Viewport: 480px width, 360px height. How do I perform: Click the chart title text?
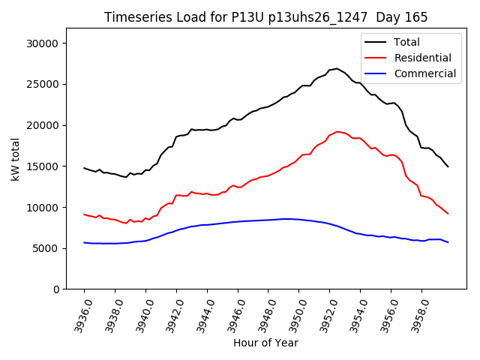point(265,17)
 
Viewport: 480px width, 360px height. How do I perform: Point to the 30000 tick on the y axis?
point(43,43)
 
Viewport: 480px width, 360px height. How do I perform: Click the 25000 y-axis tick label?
point(43,84)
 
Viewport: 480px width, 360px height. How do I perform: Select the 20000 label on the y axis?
point(43,125)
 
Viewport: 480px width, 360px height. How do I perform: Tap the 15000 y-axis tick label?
point(43,166)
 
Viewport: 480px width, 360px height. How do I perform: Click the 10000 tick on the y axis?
point(43,207)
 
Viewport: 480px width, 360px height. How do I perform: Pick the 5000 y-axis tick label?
point(46,248)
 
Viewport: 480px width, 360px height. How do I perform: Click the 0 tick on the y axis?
point(56,289)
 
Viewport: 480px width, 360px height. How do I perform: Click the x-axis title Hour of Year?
point(265,343)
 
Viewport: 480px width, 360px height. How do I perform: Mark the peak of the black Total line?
point(336,68)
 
